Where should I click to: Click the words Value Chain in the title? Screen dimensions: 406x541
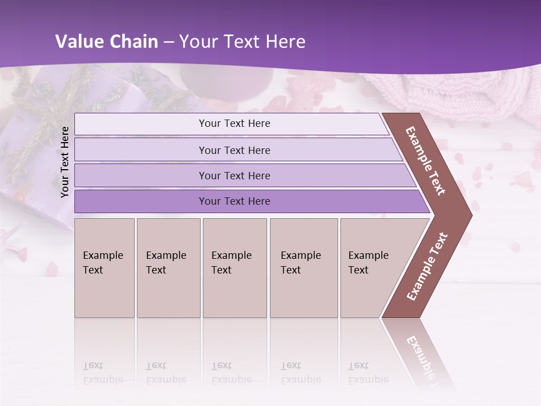pos(107,42)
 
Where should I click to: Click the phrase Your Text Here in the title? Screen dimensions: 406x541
pos(242,42)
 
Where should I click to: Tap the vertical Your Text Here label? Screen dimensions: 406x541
pos(65,162)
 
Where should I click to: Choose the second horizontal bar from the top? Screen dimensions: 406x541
pos(234,150)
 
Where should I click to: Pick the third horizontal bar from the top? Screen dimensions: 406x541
pos(234,175)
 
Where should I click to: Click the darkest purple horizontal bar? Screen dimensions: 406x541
pos(234,201)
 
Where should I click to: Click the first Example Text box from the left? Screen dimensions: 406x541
pos(104,267)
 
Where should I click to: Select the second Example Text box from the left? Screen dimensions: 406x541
pos(168,267)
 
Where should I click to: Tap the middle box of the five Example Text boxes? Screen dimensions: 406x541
pos(234,267)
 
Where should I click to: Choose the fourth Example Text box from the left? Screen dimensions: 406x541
pos(303,267)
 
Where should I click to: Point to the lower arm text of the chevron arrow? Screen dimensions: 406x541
pos(427,267)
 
